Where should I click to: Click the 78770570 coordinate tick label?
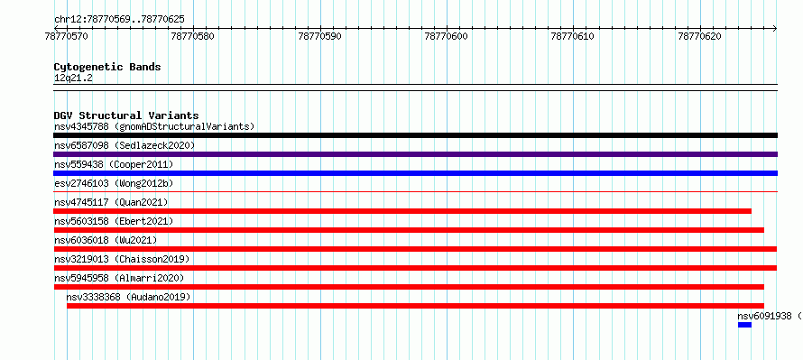[67, 36]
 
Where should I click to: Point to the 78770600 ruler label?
[447, 36]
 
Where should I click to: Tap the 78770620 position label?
[699, 36]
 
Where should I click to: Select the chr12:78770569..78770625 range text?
[119, 20]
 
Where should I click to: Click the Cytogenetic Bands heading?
[107, 67]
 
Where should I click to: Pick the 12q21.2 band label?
[73, 78]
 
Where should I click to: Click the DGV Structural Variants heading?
[126, 115]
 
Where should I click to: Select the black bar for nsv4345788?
[415, 135]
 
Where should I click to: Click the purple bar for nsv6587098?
[415, 154]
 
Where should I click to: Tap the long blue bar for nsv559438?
[415, 173]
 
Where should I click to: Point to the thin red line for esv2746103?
[415, 192]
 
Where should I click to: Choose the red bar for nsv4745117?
[402, 211]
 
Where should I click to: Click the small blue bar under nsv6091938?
[744, 325]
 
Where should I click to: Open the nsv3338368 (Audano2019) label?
[128, 297]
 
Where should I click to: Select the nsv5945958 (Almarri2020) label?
[119, 278]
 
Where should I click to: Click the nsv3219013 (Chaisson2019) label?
[122, 259]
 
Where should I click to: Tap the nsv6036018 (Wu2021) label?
[106, 240]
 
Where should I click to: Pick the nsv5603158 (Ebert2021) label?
[114, 221]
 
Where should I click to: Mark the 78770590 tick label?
[320, 36]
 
